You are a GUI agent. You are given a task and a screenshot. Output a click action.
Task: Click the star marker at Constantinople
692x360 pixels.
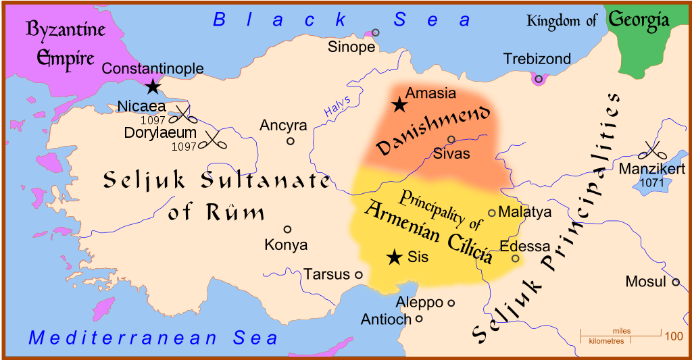[153, 86]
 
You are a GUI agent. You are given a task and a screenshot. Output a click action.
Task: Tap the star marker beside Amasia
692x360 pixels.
[399, 105]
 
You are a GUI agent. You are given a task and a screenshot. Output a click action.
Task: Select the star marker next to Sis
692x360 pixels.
[393, 257]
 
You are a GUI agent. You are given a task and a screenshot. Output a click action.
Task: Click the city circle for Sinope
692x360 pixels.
[376, 32]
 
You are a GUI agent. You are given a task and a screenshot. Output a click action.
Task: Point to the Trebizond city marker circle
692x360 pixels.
[539, 79]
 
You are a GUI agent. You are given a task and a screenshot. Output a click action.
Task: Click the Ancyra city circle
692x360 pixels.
[291, 141]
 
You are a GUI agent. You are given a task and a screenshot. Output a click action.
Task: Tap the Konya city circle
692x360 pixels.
[287, 230]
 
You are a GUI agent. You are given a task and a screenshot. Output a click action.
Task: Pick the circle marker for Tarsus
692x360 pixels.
[359, 275]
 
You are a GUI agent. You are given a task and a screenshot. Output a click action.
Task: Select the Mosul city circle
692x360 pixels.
[675, 282]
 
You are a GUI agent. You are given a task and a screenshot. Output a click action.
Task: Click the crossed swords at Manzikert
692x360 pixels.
[652, 150]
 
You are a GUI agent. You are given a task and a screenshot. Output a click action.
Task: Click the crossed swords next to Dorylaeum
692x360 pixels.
[214, 140]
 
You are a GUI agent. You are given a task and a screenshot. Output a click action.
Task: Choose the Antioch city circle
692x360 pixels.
[419, 319]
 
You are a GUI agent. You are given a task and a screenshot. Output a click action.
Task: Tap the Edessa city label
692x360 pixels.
[524, 247]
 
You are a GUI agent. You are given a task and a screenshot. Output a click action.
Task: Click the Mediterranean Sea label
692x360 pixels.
[153, 338]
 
